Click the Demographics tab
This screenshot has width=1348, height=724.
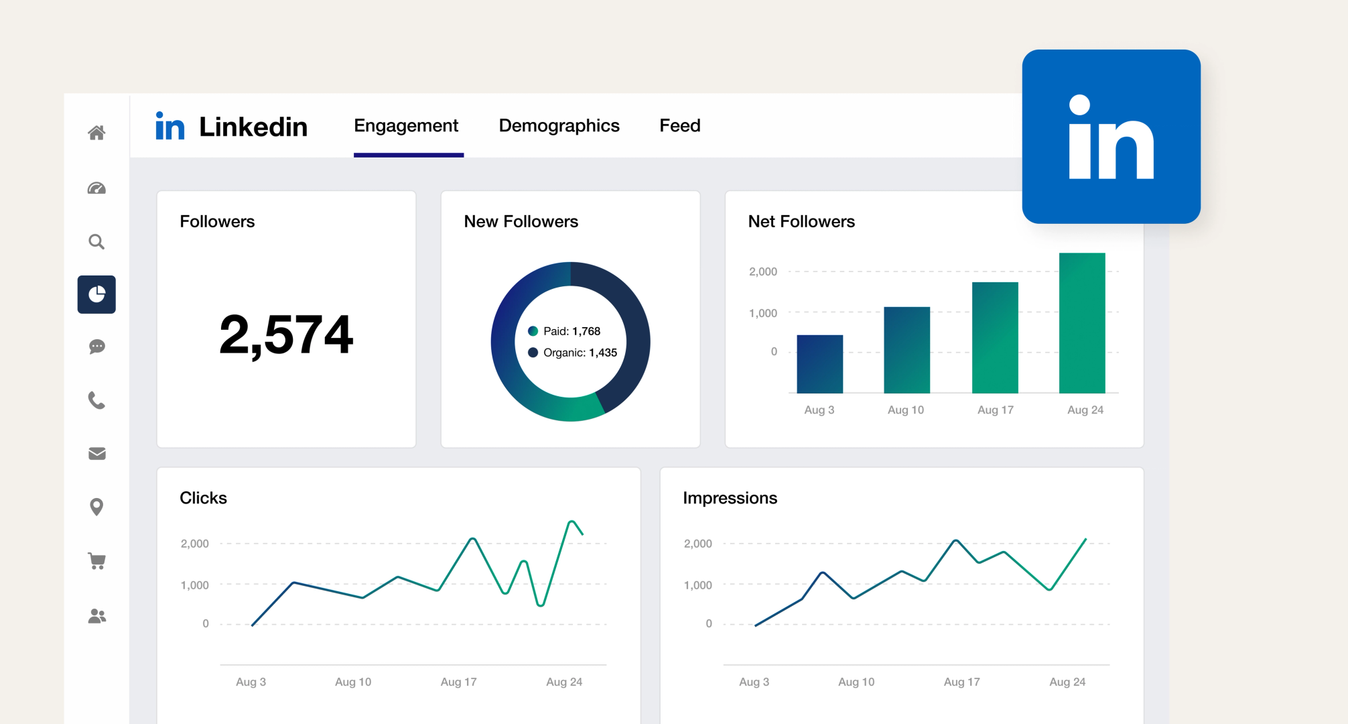(559, 125)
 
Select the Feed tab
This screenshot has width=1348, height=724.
(679, 125)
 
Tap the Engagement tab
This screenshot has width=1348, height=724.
(406, 125)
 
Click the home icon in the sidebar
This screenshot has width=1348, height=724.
(96, 133)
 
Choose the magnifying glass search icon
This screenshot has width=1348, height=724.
(96, 241)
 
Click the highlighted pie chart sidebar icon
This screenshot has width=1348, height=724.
(96, 294)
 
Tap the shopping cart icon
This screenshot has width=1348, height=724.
(96, 560)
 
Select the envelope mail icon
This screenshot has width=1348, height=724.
(96, 454)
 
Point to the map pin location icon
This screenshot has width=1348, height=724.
(96, 507)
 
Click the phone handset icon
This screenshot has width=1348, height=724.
(96, 400)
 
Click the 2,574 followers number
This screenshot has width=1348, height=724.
(286, 335)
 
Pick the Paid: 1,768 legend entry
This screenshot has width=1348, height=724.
(565, 331)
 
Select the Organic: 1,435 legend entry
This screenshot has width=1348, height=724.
(573, 353)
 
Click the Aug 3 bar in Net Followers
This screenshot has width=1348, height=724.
(819, 364)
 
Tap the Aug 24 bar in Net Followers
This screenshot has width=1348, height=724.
(1081, 323)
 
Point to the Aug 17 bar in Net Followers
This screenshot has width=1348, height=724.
(995, 337)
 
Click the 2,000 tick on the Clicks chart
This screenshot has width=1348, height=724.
(194, 544)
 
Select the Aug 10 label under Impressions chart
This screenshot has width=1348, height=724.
(856, 682)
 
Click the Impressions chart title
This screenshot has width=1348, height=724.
(730, 498)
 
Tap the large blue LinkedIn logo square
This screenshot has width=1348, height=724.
(1111, 137)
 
